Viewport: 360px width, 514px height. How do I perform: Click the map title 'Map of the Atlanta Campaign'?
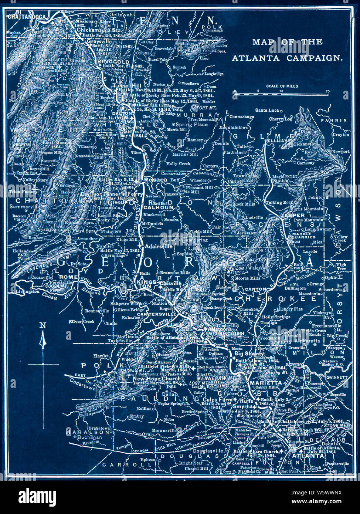pos(288,50)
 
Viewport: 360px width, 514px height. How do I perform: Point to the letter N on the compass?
pos(43,325)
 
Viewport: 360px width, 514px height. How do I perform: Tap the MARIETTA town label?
pos(266,383)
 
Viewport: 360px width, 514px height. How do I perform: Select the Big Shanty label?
pos(249,354)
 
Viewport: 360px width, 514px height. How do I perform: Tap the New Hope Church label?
pos(157,378)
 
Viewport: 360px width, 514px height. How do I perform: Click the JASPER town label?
pos(293,215)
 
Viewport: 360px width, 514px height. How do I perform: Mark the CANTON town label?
pos(255,289)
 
